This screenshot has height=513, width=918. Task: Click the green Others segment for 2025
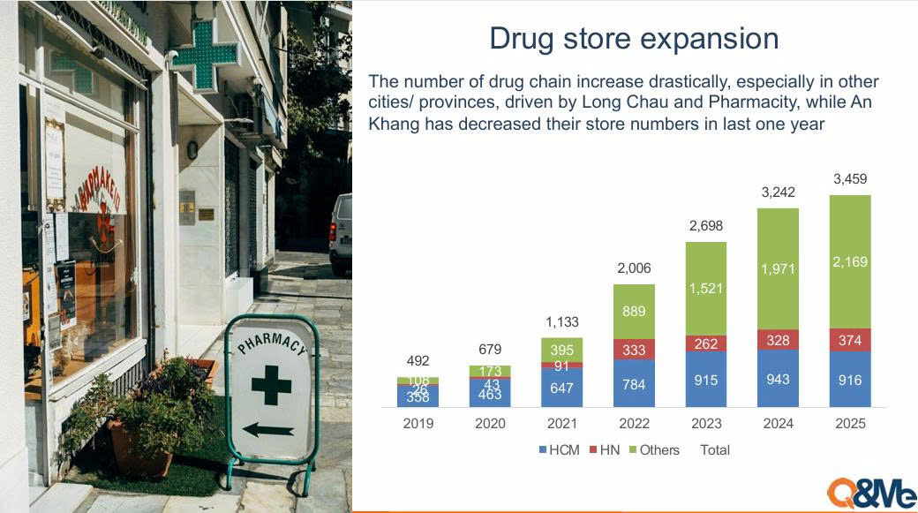click(850, 261)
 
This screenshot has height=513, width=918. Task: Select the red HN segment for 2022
click(634, 350)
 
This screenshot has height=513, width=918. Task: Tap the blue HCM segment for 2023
click(706, 380)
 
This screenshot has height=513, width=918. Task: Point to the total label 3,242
click(778, 192)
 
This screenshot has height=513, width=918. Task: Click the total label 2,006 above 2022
click(634, 268)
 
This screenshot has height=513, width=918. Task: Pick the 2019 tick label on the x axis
click(418, 424)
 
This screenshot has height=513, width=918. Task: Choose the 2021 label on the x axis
click(562, 424)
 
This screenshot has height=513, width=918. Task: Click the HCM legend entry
click(559, 449)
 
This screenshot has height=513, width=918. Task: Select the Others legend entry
click(654, 449)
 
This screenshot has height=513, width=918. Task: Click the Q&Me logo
click(871, 493)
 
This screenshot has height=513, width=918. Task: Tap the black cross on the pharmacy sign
click(271, 385)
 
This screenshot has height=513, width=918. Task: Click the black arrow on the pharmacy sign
click(268, 430)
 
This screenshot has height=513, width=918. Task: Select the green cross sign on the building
click(205, 55)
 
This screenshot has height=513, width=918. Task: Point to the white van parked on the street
click(340, 234)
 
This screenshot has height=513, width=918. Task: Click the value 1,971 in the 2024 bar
click(778, 268)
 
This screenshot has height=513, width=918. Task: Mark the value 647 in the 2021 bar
click(562, 388)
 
